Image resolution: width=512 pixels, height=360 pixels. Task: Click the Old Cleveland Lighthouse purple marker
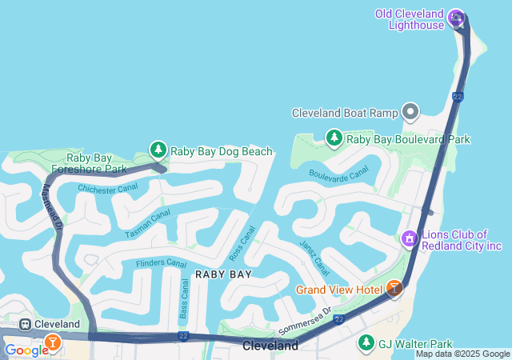[456, 17]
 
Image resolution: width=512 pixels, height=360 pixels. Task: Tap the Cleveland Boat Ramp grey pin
[411, 112]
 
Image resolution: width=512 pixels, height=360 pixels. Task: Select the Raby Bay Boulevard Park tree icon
[334, 138]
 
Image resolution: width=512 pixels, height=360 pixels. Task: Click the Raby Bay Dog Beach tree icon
[158, 150]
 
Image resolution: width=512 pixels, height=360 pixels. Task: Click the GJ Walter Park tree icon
[366, 342]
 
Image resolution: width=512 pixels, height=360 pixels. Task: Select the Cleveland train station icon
[25, 324]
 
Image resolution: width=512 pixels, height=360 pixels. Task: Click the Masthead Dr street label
[51, 203]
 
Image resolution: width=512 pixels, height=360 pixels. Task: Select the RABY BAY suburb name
[223, 274]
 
